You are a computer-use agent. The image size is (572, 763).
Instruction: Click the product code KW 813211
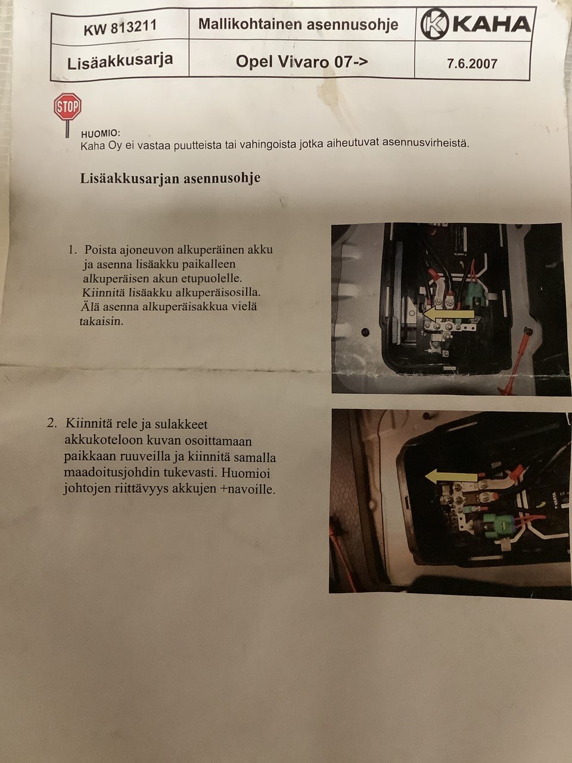pyautogui.click(x=120, y=28)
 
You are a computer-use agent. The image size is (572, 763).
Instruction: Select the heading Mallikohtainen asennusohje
pyautogui.click(x=299, y=24)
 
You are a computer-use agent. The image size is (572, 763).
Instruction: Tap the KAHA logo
pyautogui.click(x=475, y=24)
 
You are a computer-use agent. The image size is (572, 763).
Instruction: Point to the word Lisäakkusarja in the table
pyautogui.click(x=120, y=61)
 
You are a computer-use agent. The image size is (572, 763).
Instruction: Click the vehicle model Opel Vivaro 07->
pyautogui.click(x=301, y=62)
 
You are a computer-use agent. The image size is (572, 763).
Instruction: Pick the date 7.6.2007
pyautogui.click(x=472, y=64)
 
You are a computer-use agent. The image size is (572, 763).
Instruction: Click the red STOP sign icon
pyautogui.click(x=67, y=107)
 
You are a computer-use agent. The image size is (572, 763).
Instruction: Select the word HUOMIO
pyautogui.click(x=100, y=133)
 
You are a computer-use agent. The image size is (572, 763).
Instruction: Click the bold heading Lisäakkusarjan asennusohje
pyautogui.click(x=170, y=179)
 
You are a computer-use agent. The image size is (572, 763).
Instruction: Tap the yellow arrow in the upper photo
pyautogui.click(x=448, y=314)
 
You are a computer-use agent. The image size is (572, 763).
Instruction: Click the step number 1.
pyautogui.click(x=72, y=250)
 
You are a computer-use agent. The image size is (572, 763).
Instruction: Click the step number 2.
pyautogui.click(x=51, y=423)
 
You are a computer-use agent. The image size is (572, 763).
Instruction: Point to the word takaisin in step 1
pyautogui.click(x=101, y=321)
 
